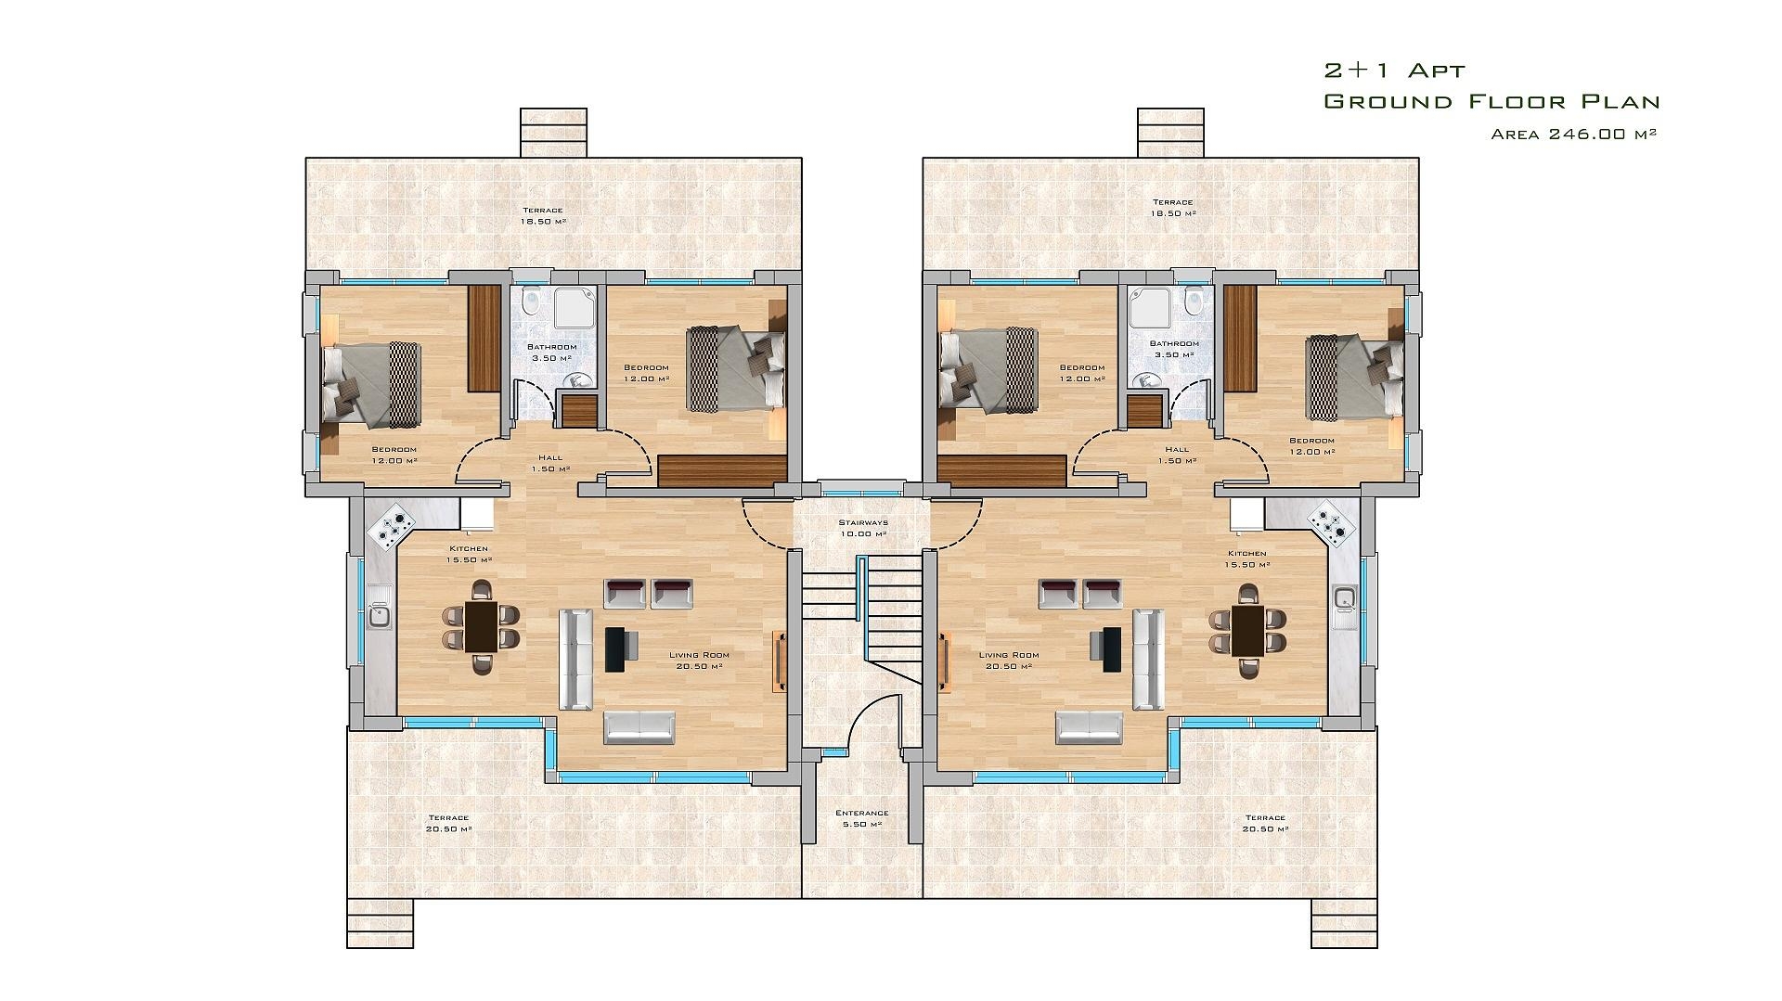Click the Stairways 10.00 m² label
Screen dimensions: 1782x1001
862,528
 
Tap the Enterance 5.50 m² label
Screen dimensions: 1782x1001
862,818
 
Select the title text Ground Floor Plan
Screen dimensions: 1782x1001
1491,101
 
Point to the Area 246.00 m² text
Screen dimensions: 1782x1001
1574,134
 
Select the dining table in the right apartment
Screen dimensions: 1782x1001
1247,630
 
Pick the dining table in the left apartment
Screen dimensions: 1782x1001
481,626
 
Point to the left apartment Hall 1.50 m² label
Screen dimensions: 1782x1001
550,463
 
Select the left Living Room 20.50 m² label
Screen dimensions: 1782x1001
699,660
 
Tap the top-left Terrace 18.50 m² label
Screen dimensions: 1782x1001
543,216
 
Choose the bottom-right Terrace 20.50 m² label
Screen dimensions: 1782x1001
1265,823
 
